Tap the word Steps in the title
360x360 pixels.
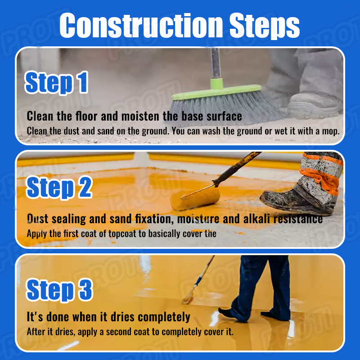pyautogui.click(x=265, y=26)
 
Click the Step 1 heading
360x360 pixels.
pyautogui.click(x=57, y=83)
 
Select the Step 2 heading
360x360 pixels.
pyautogui.click(x=59, y=187)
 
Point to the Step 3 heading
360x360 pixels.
pyautogui.click(x=59, y=290)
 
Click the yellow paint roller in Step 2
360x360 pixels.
pyautogui.click(x=195, y=198)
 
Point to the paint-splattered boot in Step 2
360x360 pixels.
pyautogui.click(x=298, y=200)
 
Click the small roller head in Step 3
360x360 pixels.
pyautogui.click(x=188, y=299)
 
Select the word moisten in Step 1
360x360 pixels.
pyautogui.click(x=140, y=116)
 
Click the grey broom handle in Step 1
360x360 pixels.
pyautogui.click(x=216, y=63)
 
